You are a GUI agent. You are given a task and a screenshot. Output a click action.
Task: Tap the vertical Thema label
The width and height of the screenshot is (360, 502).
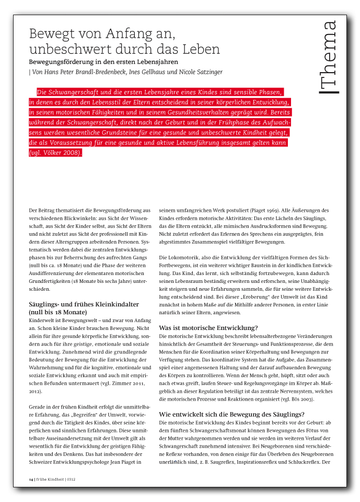pos(329,58)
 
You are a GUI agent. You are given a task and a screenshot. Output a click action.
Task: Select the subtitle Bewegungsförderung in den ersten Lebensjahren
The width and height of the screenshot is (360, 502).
pos(97,61)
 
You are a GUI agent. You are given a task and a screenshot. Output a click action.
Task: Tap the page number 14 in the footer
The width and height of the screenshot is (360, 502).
pos(31,479)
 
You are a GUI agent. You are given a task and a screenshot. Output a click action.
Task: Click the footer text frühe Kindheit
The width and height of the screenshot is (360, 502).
pos(50,479)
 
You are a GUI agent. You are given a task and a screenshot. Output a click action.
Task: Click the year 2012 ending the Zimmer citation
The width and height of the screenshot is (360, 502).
pos(36,391)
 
